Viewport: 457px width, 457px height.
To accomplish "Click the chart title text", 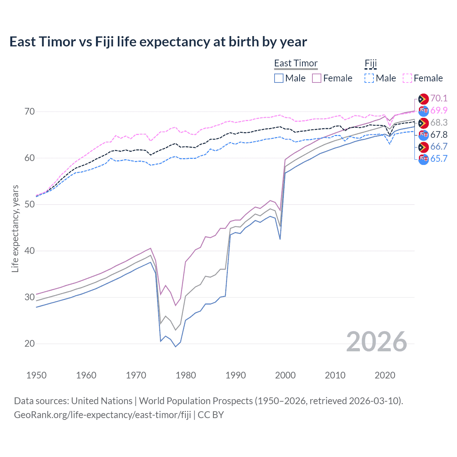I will pos(158,42).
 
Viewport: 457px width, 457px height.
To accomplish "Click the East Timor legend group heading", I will pos(296,63).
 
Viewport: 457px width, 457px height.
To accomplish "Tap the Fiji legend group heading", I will pos(371,63).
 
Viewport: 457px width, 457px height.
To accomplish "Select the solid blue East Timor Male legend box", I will pos(279,78).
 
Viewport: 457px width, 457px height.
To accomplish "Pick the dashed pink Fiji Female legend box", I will pos(407,78).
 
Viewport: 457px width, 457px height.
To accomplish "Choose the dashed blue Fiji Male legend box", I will pos(369,78).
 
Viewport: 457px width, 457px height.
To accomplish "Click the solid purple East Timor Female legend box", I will pos(317,78).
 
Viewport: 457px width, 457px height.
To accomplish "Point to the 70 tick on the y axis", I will pos(30,111).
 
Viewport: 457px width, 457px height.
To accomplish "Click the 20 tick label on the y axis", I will pos(30,343).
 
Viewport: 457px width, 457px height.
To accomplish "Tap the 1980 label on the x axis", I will pos(186,375).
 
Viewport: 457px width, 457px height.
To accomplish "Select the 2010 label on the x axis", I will pos(335,375).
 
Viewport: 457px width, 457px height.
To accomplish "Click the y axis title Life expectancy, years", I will pos(15,228).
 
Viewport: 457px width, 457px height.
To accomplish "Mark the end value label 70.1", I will pos(439,98).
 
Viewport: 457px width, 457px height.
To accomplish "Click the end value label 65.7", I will pos(439,159).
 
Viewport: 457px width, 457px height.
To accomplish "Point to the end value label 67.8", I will pos(439,135).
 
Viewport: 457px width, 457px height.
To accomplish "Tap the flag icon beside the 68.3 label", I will pos(423,123).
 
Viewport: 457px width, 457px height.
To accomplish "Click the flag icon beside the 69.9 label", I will pos(423,111).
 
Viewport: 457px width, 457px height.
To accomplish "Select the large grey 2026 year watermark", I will pos(376,342).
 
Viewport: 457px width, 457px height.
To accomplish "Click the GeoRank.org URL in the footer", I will pos(102,415).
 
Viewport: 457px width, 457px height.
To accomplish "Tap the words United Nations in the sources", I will pos(102,401).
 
